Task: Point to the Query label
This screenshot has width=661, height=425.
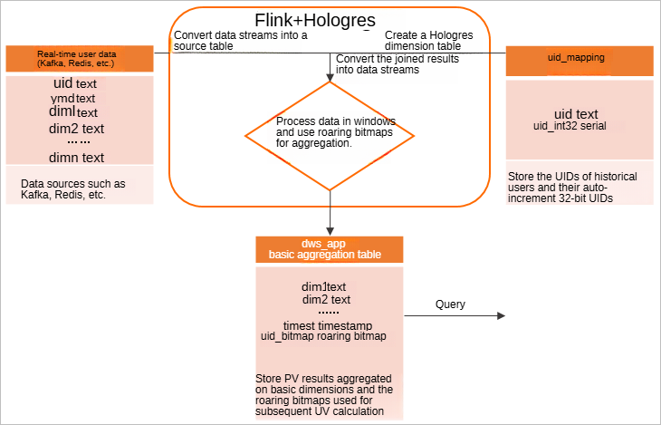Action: [x=450, y=304]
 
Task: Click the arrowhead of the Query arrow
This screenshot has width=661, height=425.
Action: [x=501, y=316]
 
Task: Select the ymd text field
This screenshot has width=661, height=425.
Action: [x=73, y=98]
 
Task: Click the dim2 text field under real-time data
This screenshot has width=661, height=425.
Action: [x=77, y=128]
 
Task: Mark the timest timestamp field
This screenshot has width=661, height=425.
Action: [x=327, y=325]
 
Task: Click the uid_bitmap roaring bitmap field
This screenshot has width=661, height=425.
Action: [x=323, y=336]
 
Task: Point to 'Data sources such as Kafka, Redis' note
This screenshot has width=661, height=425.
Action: [x=72, y=188]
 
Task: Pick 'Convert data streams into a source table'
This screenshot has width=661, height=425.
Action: [x=240, y=41]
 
